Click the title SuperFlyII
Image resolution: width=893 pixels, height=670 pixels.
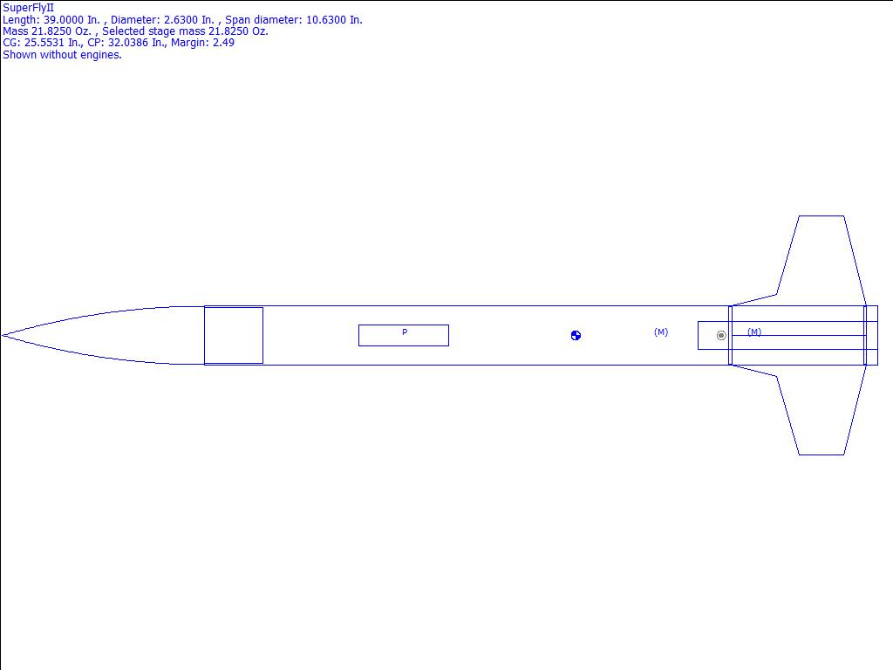(x=28, y=8)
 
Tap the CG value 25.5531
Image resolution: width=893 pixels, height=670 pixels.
(x=44, y=43)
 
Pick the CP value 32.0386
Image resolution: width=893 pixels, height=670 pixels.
(x=128, y=43)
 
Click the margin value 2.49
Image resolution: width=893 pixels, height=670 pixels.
(x=223, y=43)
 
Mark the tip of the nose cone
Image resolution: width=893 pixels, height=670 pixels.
(x=3, y=336)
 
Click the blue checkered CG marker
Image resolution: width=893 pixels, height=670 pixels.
(x=576, y=336)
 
